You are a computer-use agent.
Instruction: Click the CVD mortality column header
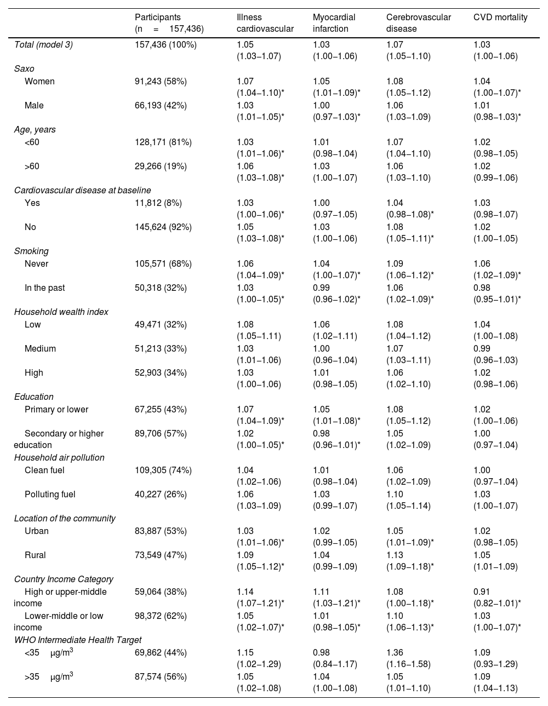pyautogui.click(x=500, y=18)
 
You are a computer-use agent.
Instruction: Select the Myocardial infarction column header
pyautogui.click(x=334, y=23)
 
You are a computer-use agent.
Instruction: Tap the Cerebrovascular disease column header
pyautogui.click(x=418, y=23)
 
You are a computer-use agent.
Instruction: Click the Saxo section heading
pyautogui.click(x=24, y=69)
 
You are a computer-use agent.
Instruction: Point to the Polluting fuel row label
pyautogui.click(x=50, y=494)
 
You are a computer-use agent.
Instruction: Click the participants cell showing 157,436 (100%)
pyautogui.click(x=165, y=45)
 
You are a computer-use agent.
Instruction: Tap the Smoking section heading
pyautogui.click(x=31, y=251)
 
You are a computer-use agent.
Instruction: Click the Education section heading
pyautogui.click(x=34, y=397)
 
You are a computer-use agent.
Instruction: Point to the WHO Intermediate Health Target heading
pyautogui.click(x=78, y=640)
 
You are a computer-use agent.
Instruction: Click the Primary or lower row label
pyautogui.click(x=56, y=409)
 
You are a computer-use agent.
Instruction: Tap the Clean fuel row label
pyautogui.click(x=44, y=470)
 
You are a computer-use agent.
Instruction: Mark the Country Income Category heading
pyautogui.click(x=64, y=579)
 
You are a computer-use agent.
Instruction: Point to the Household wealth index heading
pyautogui.click(x=61, y=312)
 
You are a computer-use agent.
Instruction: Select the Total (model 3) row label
pyautogui.click(x=43, y=45)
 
